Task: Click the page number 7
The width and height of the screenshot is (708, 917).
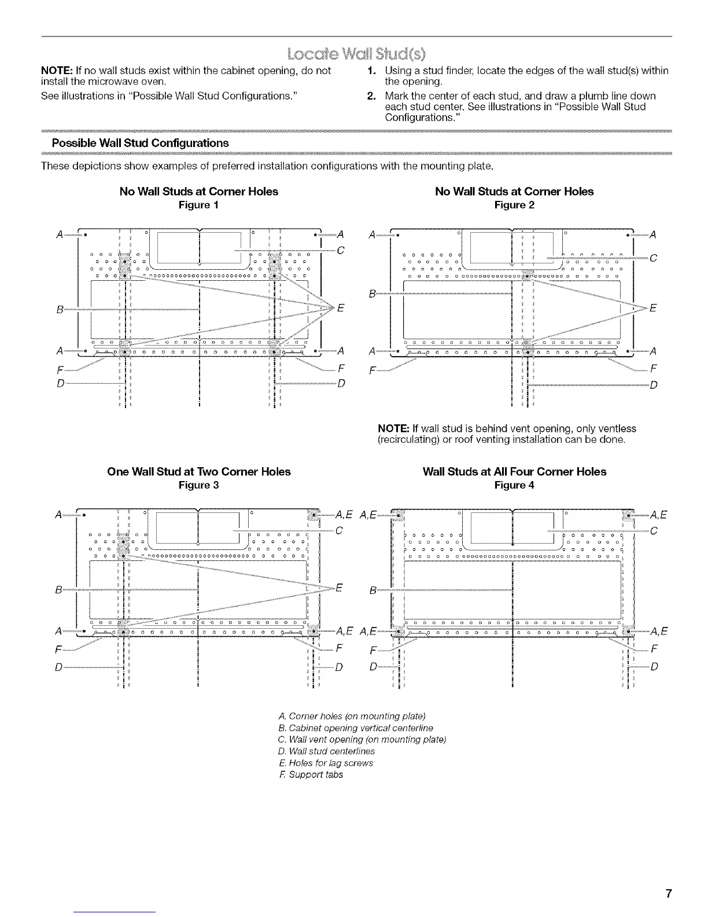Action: coord(668,893)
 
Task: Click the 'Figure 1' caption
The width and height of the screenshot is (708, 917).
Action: coord(198,205)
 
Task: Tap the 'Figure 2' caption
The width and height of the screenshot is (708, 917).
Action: coord(514,205)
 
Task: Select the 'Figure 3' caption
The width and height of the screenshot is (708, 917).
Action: coord(198,485)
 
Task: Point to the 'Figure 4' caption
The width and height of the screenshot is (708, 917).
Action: coord(514,485)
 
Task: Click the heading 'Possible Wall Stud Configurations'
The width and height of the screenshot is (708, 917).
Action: coord(140,143)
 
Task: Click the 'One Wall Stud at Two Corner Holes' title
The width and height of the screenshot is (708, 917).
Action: coord(199,472)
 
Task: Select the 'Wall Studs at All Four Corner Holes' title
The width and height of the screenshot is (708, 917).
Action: coord(514,472)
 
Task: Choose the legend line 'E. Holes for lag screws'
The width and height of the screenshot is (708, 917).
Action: coord(326,763)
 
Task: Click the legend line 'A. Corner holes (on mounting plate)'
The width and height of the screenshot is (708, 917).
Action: coord(352,716)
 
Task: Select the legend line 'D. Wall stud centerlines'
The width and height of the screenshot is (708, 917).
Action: coord(327,751)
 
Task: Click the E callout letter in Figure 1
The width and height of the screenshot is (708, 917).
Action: coord(340,307)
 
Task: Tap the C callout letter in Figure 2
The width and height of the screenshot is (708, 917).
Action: coord(654,258)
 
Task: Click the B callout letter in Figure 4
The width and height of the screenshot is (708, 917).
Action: coord(373,590)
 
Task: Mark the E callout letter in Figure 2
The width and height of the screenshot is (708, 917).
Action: coord(654,308)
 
